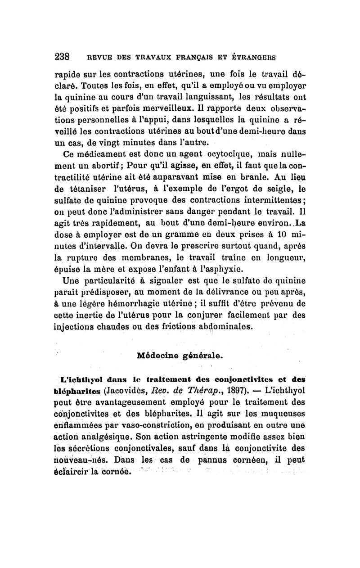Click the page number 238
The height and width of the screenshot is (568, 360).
pos(61,57)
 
